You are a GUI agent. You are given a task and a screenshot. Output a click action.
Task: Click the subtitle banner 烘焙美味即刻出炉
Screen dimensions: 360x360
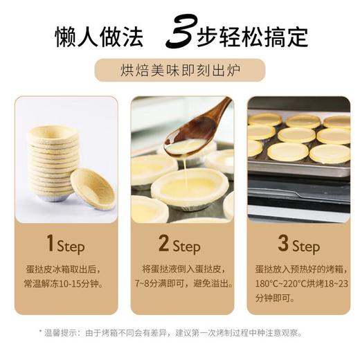point(179,71)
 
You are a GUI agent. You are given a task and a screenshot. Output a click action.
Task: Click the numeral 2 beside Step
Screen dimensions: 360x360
point(164,244)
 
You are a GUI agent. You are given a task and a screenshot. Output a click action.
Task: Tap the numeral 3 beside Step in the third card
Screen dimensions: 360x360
point(283,244)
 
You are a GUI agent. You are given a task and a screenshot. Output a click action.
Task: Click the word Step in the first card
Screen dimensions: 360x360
point(71,246)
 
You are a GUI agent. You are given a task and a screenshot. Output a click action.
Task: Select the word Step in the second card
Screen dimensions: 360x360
point(187,246)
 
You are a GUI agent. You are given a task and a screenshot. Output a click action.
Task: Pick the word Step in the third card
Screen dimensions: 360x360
point(306,246)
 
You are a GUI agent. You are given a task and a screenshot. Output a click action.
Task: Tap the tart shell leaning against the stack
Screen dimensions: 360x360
point(92,188)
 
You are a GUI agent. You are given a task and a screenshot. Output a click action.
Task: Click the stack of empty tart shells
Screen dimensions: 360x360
point(53,163)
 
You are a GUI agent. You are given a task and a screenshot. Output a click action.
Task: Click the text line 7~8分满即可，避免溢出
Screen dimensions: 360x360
point(182,284)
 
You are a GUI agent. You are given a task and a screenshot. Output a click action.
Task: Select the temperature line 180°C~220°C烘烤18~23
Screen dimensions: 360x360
point(301,284)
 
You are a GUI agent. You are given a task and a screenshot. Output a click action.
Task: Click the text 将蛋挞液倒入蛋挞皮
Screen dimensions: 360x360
point(182,269)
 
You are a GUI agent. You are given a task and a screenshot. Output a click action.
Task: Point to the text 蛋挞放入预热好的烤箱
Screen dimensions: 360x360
point(301,269)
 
